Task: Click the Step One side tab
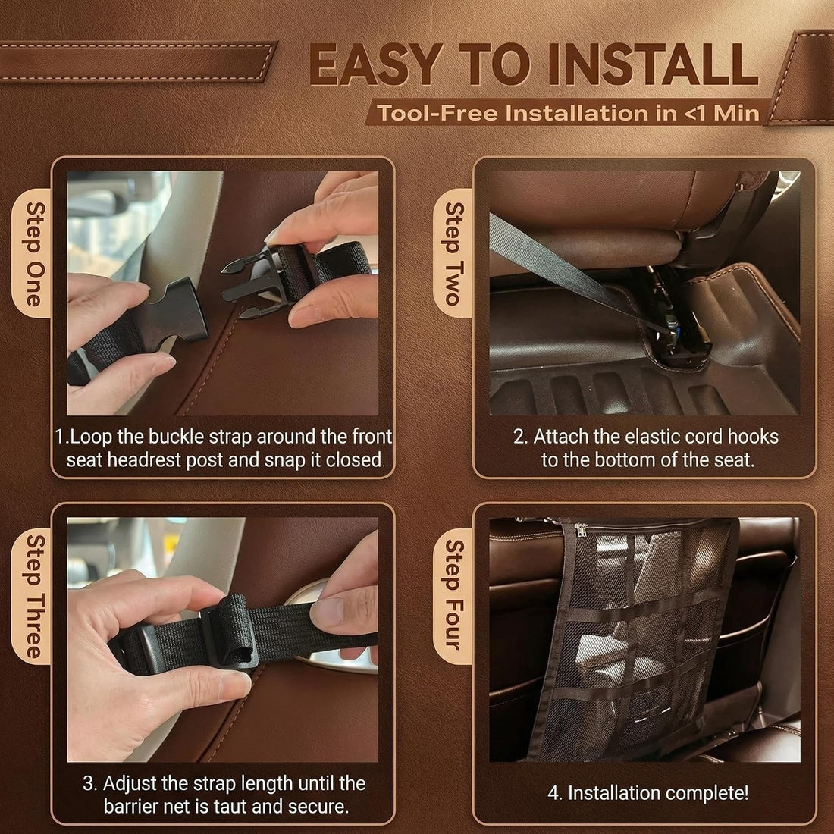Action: point(33,254)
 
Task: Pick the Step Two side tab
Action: point(453,253)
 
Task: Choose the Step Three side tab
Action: point(33,596)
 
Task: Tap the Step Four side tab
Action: point(453,595)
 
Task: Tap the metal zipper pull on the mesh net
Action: point(580,528)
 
